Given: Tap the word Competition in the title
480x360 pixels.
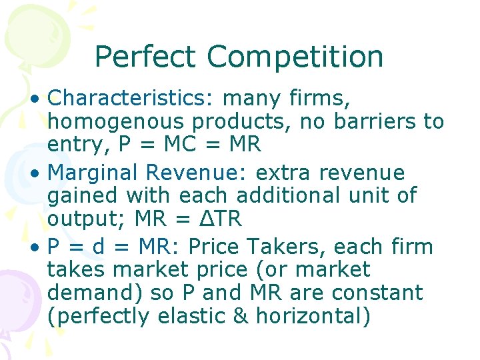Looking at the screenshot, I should pos(295,57).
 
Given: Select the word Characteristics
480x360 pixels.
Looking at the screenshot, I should pos(129,99).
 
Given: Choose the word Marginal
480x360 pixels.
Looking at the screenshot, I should pos(93,173).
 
